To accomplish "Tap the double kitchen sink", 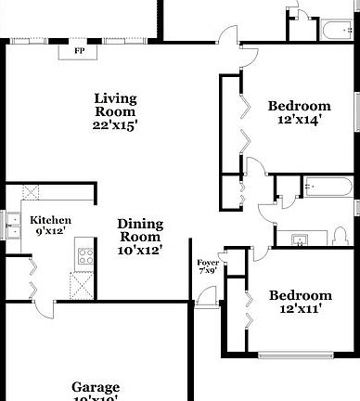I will pyautogui.click(x=12, y=225).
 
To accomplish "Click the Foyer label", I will pyautogui.click(x=208, y=262).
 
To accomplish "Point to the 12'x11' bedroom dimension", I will pyautogui.click(x=301, y=310).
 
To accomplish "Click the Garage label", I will pyautogui.click(x=96, y=387).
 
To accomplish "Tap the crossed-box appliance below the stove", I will pyautogui.click(x=84, y=285).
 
